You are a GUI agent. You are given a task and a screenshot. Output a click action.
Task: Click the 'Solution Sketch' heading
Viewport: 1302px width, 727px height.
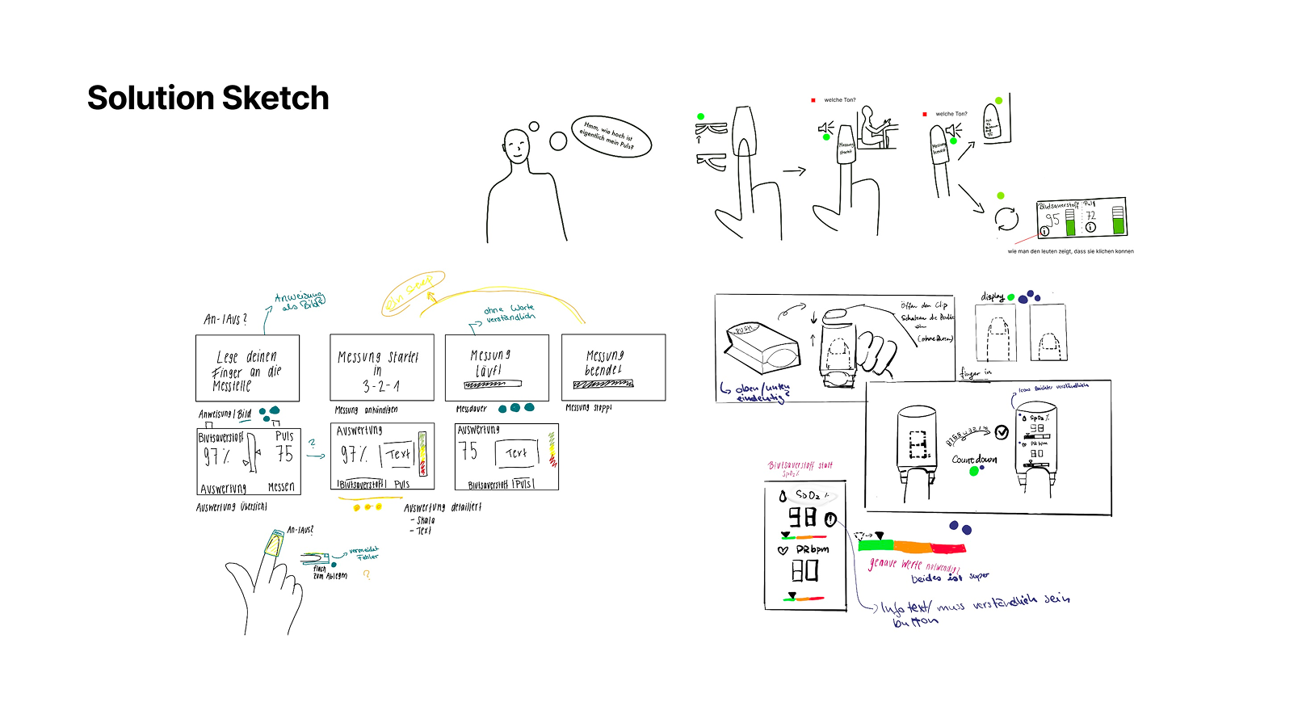point(208,99)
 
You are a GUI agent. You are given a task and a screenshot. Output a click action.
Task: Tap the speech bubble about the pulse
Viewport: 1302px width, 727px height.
point(611,136)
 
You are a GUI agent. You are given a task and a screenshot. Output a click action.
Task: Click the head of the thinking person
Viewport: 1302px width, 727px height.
point(516,145)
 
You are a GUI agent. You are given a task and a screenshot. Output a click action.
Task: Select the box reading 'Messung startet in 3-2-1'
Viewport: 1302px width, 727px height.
point(381,368)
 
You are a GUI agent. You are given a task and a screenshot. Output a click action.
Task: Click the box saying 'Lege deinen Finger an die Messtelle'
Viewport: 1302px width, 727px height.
point(247,368)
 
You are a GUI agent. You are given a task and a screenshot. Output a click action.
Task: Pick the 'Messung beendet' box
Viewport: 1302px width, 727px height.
point(613,368)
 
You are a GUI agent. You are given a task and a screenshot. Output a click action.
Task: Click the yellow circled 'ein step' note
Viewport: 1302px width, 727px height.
point(413,292)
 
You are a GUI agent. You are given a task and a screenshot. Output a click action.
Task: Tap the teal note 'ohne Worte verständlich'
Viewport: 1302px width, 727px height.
point(509,313)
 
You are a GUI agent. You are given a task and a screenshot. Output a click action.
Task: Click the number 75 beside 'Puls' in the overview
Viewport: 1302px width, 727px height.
point(284,454)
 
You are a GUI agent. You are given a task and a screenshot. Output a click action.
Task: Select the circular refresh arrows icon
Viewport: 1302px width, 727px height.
point(1006,219)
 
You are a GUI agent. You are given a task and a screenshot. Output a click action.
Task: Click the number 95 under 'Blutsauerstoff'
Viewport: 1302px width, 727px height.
point(1052,220)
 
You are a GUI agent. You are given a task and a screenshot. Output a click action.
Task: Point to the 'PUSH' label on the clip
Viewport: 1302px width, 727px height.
point(742,330)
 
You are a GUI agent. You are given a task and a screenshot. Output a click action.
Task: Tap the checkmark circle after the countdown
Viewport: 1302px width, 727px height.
point(1002,432)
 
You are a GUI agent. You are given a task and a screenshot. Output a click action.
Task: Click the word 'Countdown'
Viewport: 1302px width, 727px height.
point(974,460)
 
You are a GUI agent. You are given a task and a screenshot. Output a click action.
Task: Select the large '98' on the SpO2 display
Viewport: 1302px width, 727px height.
point(802,518)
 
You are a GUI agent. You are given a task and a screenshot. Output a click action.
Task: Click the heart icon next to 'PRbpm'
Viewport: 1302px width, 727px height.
point(782,550)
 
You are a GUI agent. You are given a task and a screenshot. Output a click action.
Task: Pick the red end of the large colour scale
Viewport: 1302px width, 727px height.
point(949,548)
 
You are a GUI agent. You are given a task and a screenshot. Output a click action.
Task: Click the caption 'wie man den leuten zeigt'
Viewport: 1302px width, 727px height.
point(1070,251)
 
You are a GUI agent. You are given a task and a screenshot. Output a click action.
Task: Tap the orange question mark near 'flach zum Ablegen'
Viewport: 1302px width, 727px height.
point(366,574)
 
